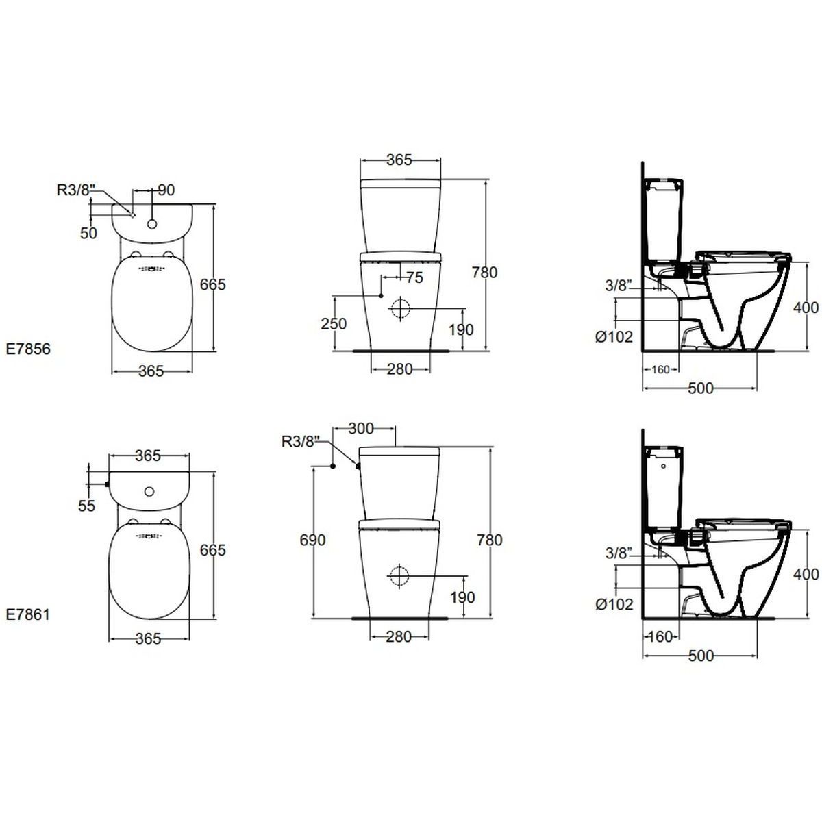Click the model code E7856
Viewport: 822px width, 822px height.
point(28,349)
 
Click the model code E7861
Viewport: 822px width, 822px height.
point(28,614)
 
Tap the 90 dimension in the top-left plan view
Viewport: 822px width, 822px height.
point(166,190)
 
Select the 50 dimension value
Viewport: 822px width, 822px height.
point(89,234)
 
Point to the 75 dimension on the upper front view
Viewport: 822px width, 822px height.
point(414,277)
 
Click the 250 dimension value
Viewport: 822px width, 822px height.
point(334,324)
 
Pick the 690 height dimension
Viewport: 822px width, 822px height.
point(312,540)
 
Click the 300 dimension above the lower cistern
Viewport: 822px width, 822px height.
point(361,428)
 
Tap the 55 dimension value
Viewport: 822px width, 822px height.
point(86,506)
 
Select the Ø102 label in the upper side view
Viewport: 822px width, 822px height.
point(614,337)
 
